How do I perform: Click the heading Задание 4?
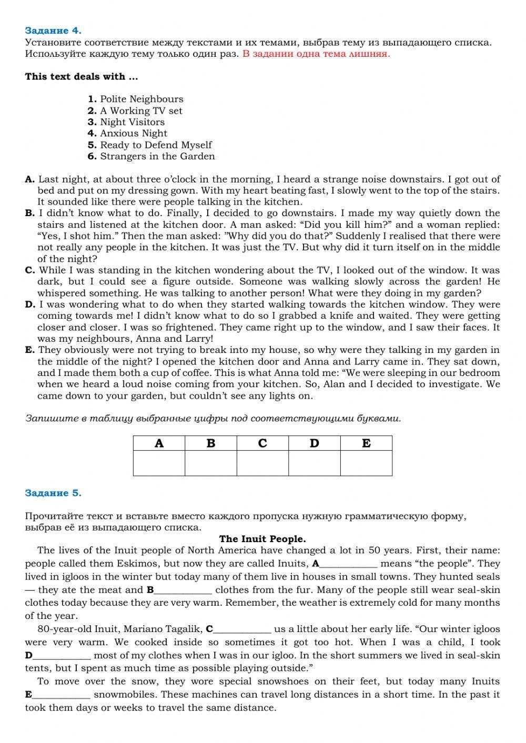click(53, 30)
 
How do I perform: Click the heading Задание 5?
click(53, 493)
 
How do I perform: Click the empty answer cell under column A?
click(159, 463)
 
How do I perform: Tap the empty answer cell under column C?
click(262, 463)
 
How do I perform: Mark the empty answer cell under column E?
click(366, 463)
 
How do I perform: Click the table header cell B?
click(211, 443)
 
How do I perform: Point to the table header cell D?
click(315, 443)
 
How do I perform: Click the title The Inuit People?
click(262, 539)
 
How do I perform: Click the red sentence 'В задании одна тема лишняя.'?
click(316, 54)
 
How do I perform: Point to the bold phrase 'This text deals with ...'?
click(82, 77)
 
